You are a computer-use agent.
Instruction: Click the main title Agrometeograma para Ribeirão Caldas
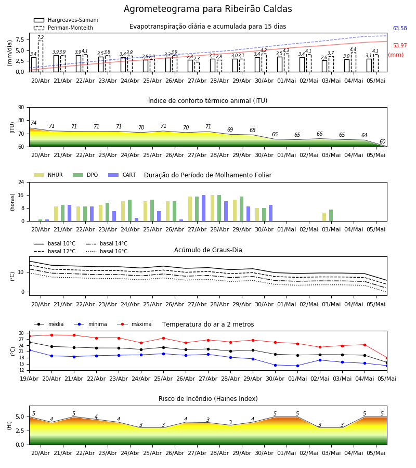point(207,9)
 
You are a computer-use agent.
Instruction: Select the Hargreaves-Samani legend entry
point(66,20)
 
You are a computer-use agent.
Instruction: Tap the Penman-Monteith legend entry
point(63,28)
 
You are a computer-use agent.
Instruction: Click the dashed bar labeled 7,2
point(41,56)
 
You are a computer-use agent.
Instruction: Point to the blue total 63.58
point(400,29)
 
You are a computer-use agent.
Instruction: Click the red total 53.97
point(400,45)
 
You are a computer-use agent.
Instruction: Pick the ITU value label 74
point(34,123)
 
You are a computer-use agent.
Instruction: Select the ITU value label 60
point(382,141)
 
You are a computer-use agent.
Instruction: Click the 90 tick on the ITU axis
point(21,108)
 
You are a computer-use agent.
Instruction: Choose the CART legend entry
point(122,175)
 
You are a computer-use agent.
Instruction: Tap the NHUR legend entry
point(48,175)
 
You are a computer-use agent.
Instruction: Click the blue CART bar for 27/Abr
point(203,208)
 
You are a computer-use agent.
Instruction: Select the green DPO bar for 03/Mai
point(331,215)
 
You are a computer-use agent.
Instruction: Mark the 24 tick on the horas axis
point(21,182)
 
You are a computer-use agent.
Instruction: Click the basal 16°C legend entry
point(107,251)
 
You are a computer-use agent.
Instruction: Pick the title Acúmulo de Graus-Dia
point(208,250)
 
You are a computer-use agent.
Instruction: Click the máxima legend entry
point(134,324)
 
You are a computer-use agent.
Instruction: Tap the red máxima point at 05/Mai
point(387,358)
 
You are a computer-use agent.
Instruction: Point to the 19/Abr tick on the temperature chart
point(29,379)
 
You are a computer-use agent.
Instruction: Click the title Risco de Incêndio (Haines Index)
point(208,398)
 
